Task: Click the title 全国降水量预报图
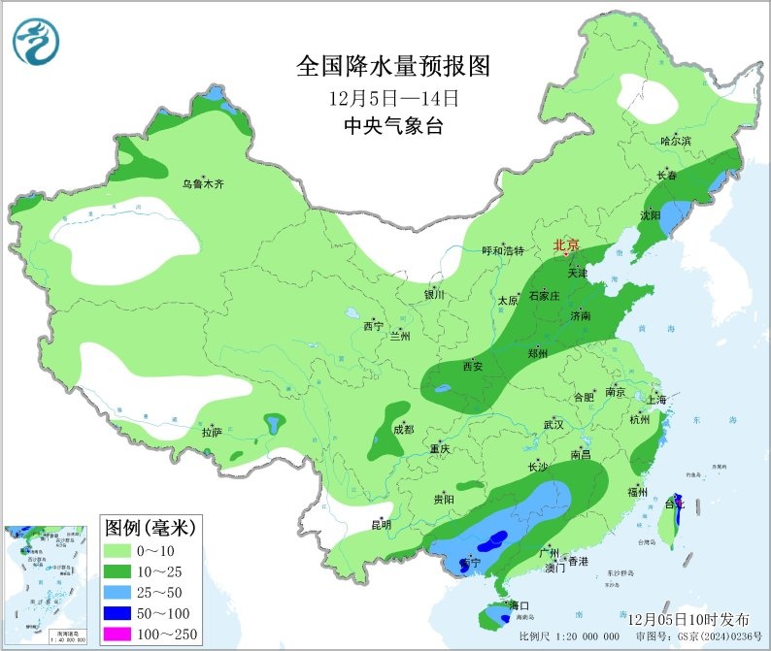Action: tap(393, 66)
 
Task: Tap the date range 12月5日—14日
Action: tap(393, 98)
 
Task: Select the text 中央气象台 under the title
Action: tap(393, 125)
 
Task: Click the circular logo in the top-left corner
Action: tap(36, 42)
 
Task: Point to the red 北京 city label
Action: tap(567, 246)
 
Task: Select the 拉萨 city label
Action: tap(212, 431)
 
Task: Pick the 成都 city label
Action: tap(404, 429)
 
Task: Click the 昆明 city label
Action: tap(381, 525)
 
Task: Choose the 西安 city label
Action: tap(473, 366)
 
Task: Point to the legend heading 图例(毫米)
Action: tap(151, 528)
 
